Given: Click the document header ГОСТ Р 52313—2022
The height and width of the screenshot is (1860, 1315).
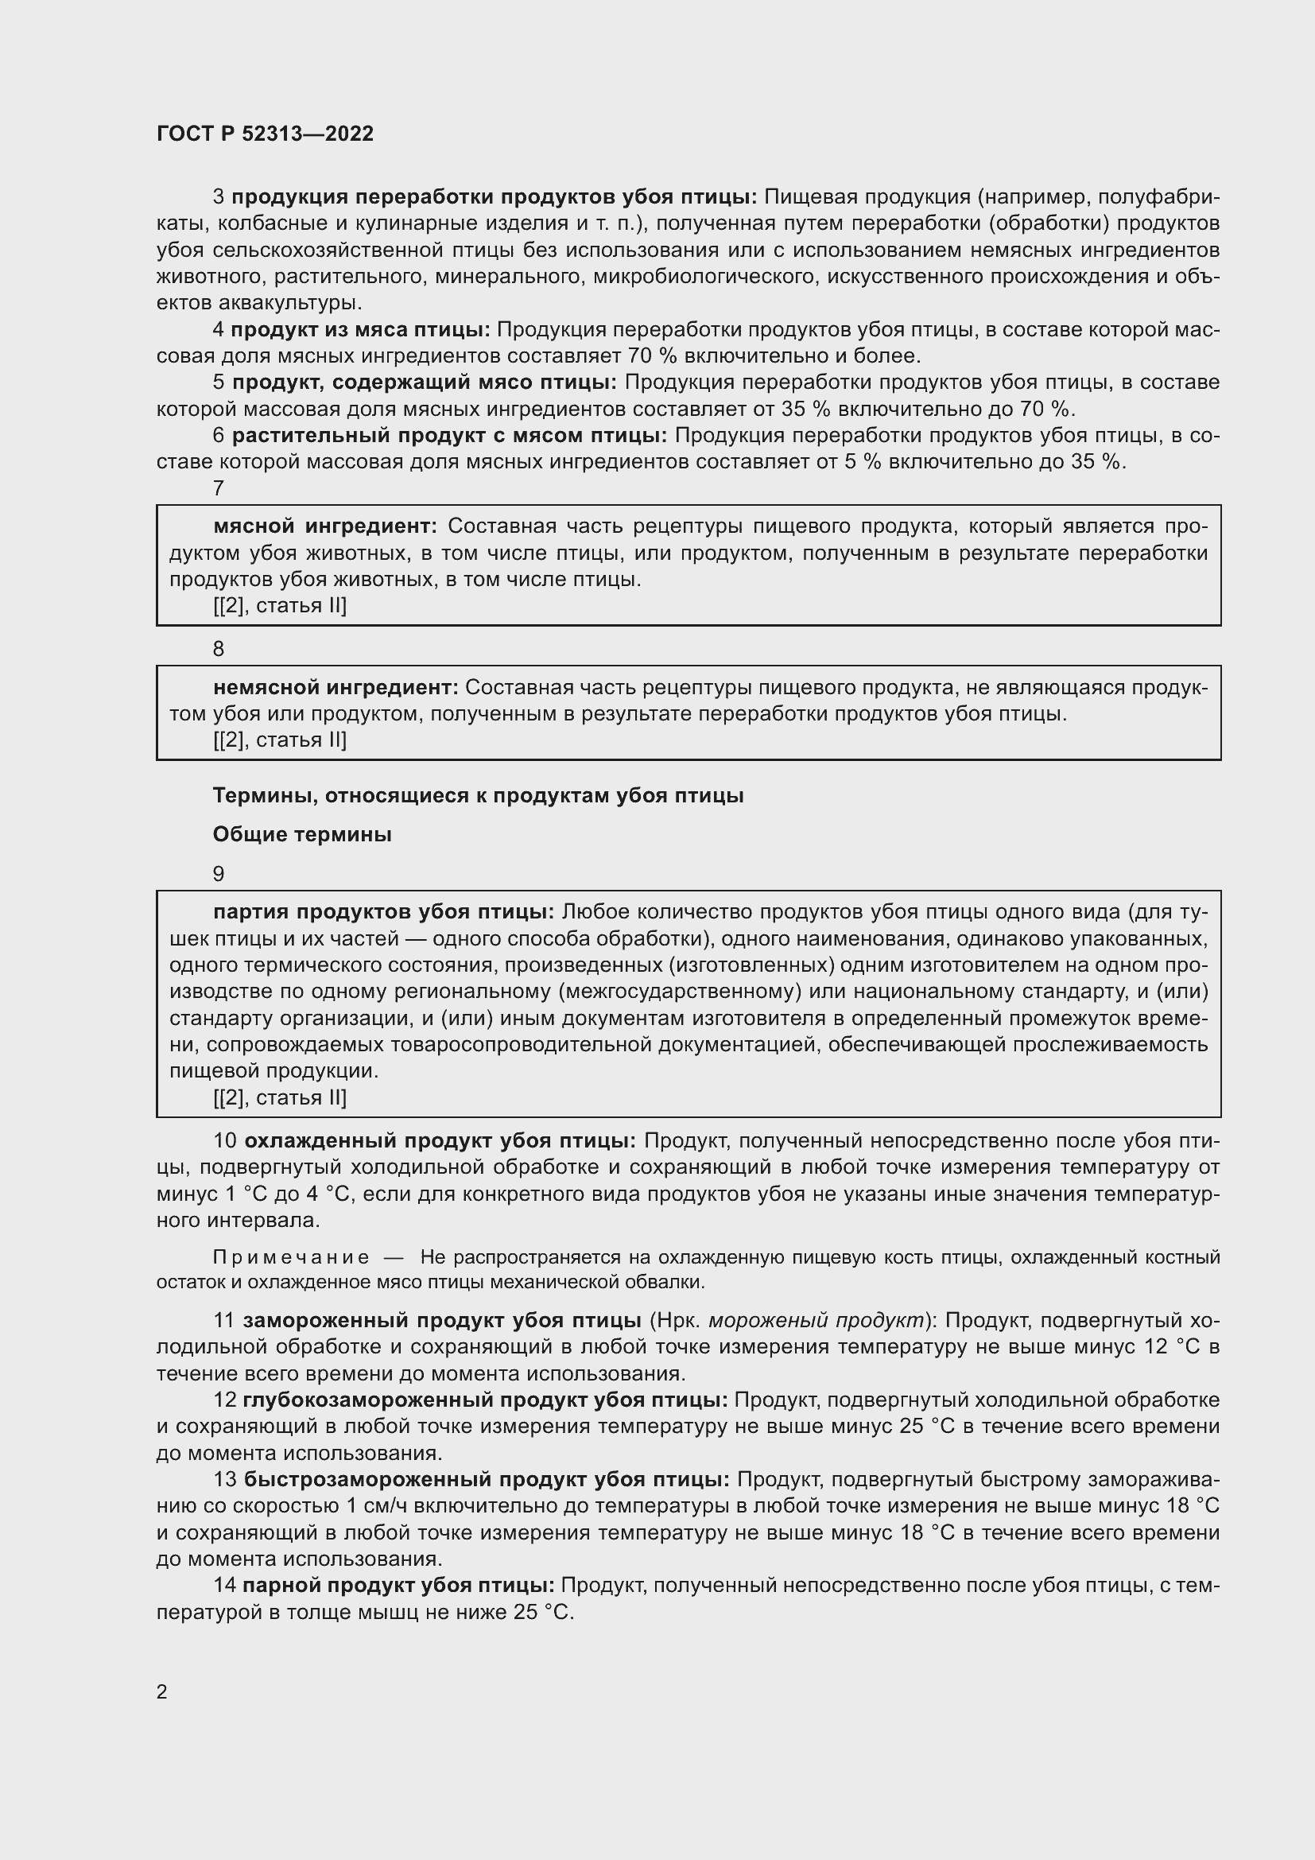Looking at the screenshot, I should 266,134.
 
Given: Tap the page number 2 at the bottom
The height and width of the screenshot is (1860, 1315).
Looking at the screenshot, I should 162,1691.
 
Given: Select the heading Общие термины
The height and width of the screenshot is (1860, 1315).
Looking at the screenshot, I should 302,834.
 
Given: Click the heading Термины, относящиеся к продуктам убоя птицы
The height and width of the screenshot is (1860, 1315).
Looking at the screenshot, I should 478,795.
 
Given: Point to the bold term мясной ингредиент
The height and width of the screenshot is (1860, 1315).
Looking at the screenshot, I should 325,526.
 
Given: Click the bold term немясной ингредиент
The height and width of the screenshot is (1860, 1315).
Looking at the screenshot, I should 336,688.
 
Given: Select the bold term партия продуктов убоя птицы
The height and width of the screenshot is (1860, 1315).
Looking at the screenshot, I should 384,912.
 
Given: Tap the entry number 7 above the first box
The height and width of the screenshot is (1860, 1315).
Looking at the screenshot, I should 219,488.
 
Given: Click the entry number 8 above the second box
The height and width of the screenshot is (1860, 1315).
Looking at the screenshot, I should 219,649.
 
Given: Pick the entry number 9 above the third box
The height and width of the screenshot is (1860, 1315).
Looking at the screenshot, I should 219,874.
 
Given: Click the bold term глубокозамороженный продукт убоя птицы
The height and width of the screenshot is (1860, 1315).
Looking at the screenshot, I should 485,1400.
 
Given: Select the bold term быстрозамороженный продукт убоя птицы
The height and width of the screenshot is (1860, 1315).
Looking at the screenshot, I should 487,1479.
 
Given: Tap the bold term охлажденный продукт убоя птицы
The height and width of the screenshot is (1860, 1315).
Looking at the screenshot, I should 440,1141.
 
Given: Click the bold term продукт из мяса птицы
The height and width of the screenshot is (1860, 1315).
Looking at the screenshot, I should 360,330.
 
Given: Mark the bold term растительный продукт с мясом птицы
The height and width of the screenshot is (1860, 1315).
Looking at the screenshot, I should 449,436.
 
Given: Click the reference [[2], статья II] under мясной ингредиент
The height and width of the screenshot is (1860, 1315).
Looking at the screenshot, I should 279,606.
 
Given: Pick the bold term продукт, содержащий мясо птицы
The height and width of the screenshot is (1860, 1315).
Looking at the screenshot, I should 425,382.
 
